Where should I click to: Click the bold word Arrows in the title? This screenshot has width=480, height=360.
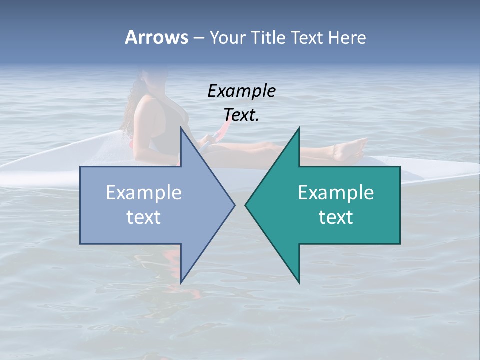(x=156, y=37)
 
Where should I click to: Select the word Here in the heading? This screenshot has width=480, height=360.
(x=347, y=37)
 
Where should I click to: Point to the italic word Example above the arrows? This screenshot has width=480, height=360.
(x=241, y=91)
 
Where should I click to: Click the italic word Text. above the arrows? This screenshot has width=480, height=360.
(x=241, y=115)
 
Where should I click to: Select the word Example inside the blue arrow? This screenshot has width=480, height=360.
(x=143, y=192)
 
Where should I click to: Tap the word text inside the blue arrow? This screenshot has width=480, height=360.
(x=143, y=217)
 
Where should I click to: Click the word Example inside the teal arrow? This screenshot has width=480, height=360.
(x=336, y=192)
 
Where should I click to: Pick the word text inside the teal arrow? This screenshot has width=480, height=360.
(x=336, y=217)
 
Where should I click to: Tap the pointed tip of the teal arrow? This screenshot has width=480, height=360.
(x=246, y=205)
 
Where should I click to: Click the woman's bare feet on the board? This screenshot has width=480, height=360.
(x=350, y=150)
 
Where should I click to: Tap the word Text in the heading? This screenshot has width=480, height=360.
(x=307, y=37)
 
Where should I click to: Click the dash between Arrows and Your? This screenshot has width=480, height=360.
(x=198, y=38)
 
